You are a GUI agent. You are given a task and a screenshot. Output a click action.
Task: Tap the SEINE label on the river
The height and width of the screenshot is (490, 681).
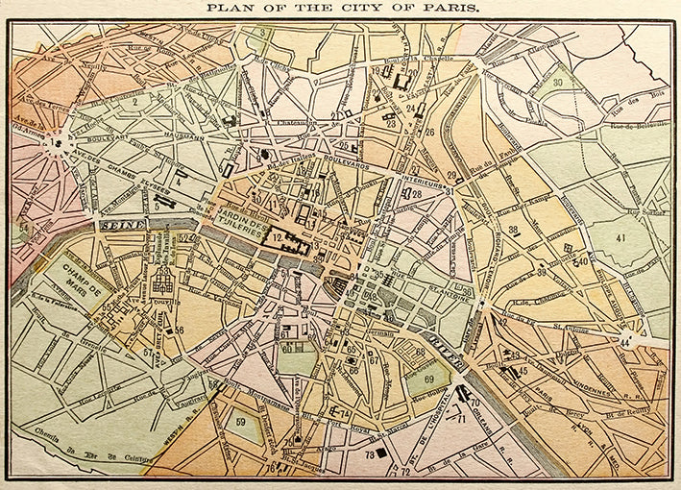click(x=122, y=225)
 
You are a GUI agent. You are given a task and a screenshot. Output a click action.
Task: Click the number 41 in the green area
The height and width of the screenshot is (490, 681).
click(x=620, y=236)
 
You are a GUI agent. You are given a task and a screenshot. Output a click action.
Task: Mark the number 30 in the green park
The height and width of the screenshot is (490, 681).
click(x=558, y=83)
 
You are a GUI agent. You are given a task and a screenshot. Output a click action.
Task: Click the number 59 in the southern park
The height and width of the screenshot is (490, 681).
click(x=241, y=421)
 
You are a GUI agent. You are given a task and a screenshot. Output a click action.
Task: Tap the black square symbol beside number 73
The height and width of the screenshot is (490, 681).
click(x=382, y=452)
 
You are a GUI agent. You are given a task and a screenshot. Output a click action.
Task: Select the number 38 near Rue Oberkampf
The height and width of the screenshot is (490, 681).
click(x=514, y=229)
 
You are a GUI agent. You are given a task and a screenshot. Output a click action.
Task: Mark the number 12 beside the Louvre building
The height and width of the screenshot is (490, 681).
click(x=276, y=236)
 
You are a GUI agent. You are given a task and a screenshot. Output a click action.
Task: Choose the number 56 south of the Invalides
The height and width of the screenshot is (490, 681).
click(x=179, y=330)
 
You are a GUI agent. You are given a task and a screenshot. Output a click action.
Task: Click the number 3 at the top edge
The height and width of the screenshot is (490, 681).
click(x=261, y=33)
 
